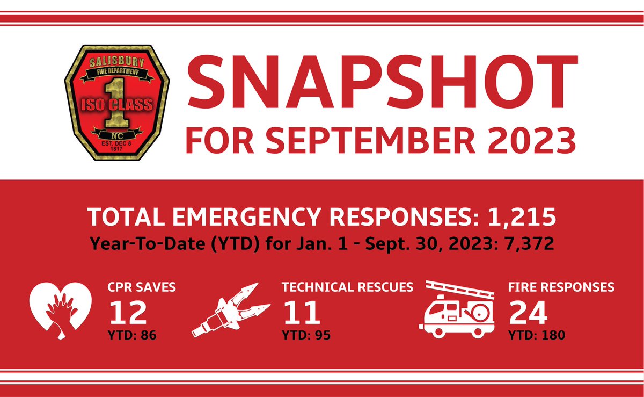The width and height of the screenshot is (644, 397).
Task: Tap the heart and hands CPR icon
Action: [x=57, y=311]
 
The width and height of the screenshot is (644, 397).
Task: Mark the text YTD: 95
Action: [x=306, y=336]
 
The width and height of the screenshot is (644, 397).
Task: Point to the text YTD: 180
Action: [x=536, y=336]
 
